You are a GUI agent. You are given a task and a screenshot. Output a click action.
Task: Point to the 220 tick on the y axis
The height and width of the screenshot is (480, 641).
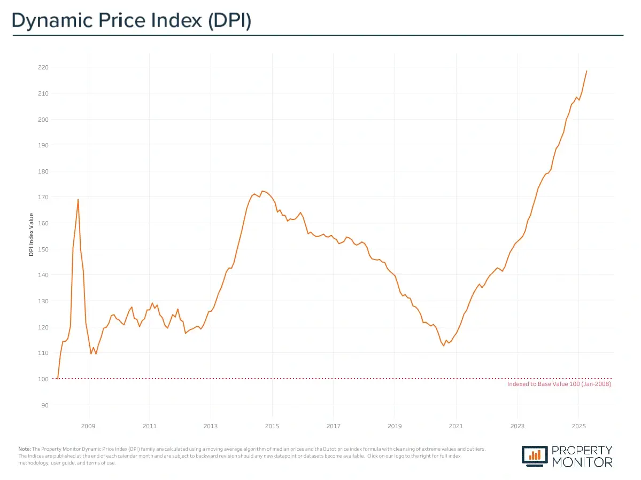pos(43,67)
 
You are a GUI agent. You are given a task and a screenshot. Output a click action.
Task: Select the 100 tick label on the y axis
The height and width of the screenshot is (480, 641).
pos(43,379)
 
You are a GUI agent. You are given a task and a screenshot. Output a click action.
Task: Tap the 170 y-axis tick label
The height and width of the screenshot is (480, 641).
pos(43,197)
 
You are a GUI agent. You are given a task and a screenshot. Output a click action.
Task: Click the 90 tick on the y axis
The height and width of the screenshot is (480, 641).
pos(44,405)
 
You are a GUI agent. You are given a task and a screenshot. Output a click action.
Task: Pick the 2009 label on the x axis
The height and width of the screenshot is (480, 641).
pos(88,427)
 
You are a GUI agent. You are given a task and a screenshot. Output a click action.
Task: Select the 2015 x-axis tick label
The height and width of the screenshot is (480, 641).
pos(272,427)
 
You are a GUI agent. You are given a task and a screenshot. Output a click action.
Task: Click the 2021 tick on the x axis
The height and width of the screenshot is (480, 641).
pos(456,427)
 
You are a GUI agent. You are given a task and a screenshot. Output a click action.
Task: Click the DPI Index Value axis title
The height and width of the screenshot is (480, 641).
pos(31,234)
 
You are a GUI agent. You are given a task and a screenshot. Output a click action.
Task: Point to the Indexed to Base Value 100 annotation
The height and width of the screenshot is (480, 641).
pos(559,384)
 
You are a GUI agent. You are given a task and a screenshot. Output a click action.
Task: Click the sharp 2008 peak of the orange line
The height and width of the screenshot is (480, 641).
pos(78,199)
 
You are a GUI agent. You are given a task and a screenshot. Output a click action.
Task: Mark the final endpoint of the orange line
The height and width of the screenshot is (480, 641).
pos(586,71)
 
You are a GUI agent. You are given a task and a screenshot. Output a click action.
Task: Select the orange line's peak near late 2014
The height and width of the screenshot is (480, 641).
pos(262,191)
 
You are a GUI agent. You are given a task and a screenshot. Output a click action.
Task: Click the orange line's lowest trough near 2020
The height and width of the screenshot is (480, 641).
pos(443,346)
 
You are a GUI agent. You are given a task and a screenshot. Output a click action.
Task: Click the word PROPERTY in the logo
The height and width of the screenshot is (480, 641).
pos(583,450)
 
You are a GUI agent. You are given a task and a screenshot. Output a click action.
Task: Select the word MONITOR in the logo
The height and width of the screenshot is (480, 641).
pos(583,462)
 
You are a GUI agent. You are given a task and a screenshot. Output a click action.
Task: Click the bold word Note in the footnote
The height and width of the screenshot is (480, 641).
pos(24,449)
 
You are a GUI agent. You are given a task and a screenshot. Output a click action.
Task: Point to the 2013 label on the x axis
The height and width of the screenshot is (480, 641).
pos(211,427)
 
